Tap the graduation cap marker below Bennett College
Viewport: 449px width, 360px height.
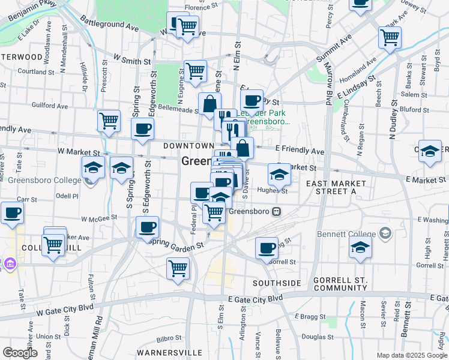tap(360, 248)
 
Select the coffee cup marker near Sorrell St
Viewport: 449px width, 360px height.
tap(267, 248)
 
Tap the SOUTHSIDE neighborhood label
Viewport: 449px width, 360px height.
tap(276, 283)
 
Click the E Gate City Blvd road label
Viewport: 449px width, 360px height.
tap(255, 298)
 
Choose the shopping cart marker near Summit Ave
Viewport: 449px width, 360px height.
tap(390, 37)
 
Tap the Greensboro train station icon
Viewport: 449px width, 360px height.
tap(277, 211)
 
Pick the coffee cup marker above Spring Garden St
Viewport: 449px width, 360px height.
tap(148, 227)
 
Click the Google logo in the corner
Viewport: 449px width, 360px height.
tap(20, 353)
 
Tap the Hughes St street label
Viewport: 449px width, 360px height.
tap(273, 191)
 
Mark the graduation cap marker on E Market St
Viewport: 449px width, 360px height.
tap(279, 174)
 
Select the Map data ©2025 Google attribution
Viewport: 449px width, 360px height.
tap(411, 355)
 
